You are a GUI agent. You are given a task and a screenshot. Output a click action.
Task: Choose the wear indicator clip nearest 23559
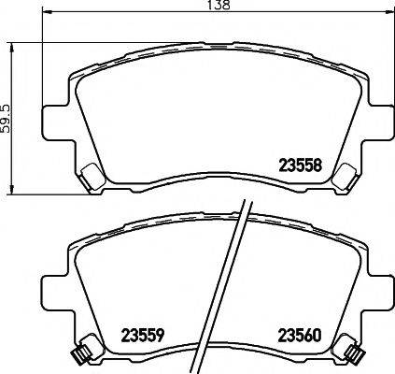(81, 352)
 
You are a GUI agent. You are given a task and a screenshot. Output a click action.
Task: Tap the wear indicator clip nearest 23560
(353, 352)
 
